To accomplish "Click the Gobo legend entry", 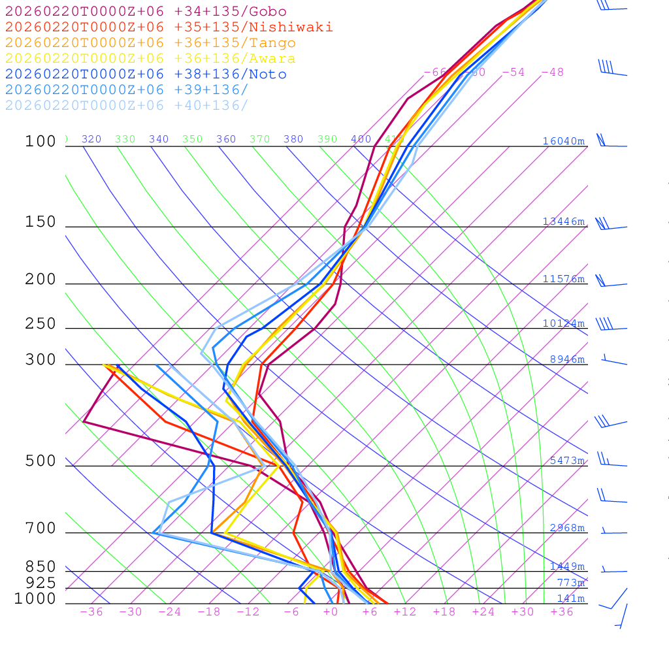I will point(146,12).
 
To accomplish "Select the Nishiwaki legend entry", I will point(169,27).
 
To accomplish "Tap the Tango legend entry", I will point(150,43).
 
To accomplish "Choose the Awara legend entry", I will point(150,59).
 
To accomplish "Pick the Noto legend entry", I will point(146,74).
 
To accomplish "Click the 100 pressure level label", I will point(41,142).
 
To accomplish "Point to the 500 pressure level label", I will point(41,462).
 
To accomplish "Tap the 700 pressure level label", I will point(41,529).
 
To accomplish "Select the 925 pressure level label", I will point(41,583).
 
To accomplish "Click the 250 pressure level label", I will point(41,324).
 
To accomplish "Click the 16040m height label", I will point(564,141).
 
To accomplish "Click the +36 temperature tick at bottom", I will point(562,612).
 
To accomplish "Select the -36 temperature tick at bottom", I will point(91,612).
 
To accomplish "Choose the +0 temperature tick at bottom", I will point(331,612).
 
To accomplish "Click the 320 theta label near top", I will point(91,139).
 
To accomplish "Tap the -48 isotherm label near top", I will point(552,73).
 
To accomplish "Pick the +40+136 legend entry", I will point(127,106).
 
